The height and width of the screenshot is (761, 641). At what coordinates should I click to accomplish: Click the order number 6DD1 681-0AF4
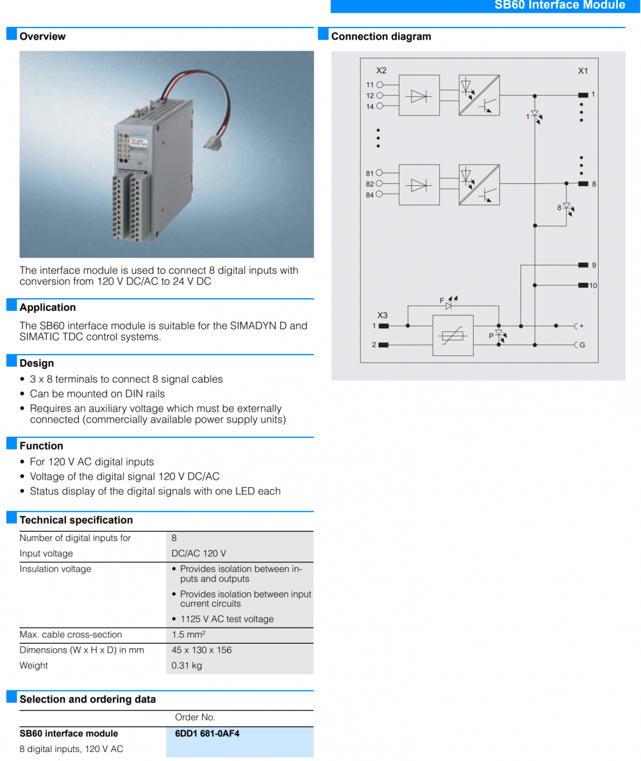(x=207, y=733)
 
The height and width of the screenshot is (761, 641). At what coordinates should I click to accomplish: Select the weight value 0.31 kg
(x=187, y=665)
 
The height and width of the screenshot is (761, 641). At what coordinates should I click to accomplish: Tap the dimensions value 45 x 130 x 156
(x=201, y=650)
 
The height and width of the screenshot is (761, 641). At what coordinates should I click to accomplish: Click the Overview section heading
(x=42, y=37)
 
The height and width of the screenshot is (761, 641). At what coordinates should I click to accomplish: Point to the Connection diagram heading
(x=381, y=37)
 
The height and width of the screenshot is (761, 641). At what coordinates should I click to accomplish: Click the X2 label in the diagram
(x=381, y=70)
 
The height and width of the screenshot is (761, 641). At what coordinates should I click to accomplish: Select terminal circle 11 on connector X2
(x=379, y=85)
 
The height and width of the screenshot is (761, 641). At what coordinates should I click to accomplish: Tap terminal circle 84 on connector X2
(x=379, y=195)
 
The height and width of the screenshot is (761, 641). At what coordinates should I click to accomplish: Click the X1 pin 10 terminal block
(x=583, y=285)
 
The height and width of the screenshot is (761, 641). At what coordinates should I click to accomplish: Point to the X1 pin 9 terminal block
(x=583, y=265)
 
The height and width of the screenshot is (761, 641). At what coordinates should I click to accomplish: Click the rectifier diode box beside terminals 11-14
(x=419, y=96)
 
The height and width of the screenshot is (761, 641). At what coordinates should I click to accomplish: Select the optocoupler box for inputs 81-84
(x=479, y=185)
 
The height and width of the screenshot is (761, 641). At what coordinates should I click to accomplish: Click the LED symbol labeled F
(x=449, y=306)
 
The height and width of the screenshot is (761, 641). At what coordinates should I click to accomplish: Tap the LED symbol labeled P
(x=499, y=334)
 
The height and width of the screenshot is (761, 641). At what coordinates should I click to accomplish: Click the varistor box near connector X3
(x=453, y=335)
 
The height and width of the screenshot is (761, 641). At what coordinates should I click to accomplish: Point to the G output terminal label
(x=581, y=345)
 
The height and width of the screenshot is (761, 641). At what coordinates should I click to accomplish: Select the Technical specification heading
(x=76, y=520)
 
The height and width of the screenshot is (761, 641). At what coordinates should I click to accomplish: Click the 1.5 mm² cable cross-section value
(x=188, y=635)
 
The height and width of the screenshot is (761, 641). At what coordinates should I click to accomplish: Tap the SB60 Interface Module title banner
(x=560, y=5)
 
